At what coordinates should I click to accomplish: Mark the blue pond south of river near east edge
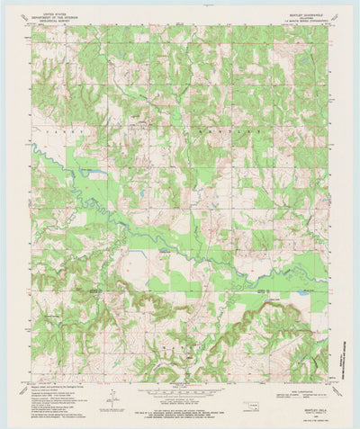click(x=302, y=292)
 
